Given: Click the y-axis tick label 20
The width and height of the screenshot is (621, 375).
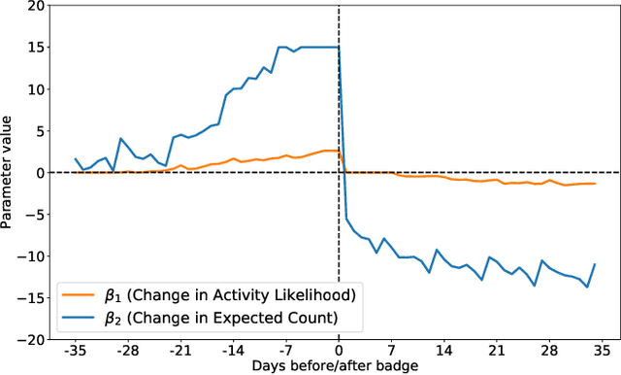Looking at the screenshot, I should pyautogui.click(x=34, y=6).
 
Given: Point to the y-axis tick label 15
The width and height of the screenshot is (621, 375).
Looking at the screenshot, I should pyautogui.click(x=34, y=48).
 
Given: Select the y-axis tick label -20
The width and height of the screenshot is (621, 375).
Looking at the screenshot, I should pyautogui.click(x=31, y=339).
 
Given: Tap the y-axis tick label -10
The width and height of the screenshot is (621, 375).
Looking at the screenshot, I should pyautogui.click(x=31, y=256).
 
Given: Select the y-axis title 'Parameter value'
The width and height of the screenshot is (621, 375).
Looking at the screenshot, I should pyautogui.click(x=9, y=172).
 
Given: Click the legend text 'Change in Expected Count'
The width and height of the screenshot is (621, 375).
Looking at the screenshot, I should pyautogui.click(x=230, y=316).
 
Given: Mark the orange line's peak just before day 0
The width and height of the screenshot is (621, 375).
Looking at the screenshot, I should pyautogui.click(x=331, y=151).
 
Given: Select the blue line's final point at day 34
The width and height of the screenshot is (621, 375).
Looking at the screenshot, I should pyautogui.click(x=594, y=264).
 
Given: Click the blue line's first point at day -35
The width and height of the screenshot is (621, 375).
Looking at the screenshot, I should pyautogui.click(x=75, y=158).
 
